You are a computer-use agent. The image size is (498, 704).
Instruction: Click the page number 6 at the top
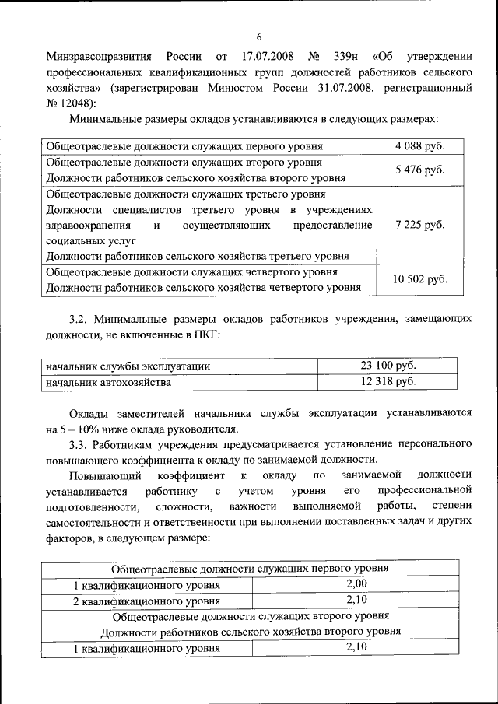click(259, 37)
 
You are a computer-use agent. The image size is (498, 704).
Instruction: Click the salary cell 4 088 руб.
click(419, 145)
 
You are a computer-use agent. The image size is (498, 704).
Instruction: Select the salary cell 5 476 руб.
click(419, 170)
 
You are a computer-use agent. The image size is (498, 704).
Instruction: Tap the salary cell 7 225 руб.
click(419, 225)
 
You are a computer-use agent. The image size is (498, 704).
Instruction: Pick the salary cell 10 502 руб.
click(420, 279)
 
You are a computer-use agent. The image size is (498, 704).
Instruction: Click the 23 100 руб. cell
click(388, 366)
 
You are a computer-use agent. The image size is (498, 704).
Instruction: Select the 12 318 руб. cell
click(388, 381)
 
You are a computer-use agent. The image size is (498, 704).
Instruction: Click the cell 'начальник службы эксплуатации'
click(128, 366)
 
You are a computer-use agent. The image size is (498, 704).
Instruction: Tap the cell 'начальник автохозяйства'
click(108, 382)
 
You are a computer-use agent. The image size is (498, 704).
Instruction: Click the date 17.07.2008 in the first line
click(270, 57)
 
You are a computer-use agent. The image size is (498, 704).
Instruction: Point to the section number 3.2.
click(80, 320)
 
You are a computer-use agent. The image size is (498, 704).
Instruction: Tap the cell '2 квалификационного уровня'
click(146, 601)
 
